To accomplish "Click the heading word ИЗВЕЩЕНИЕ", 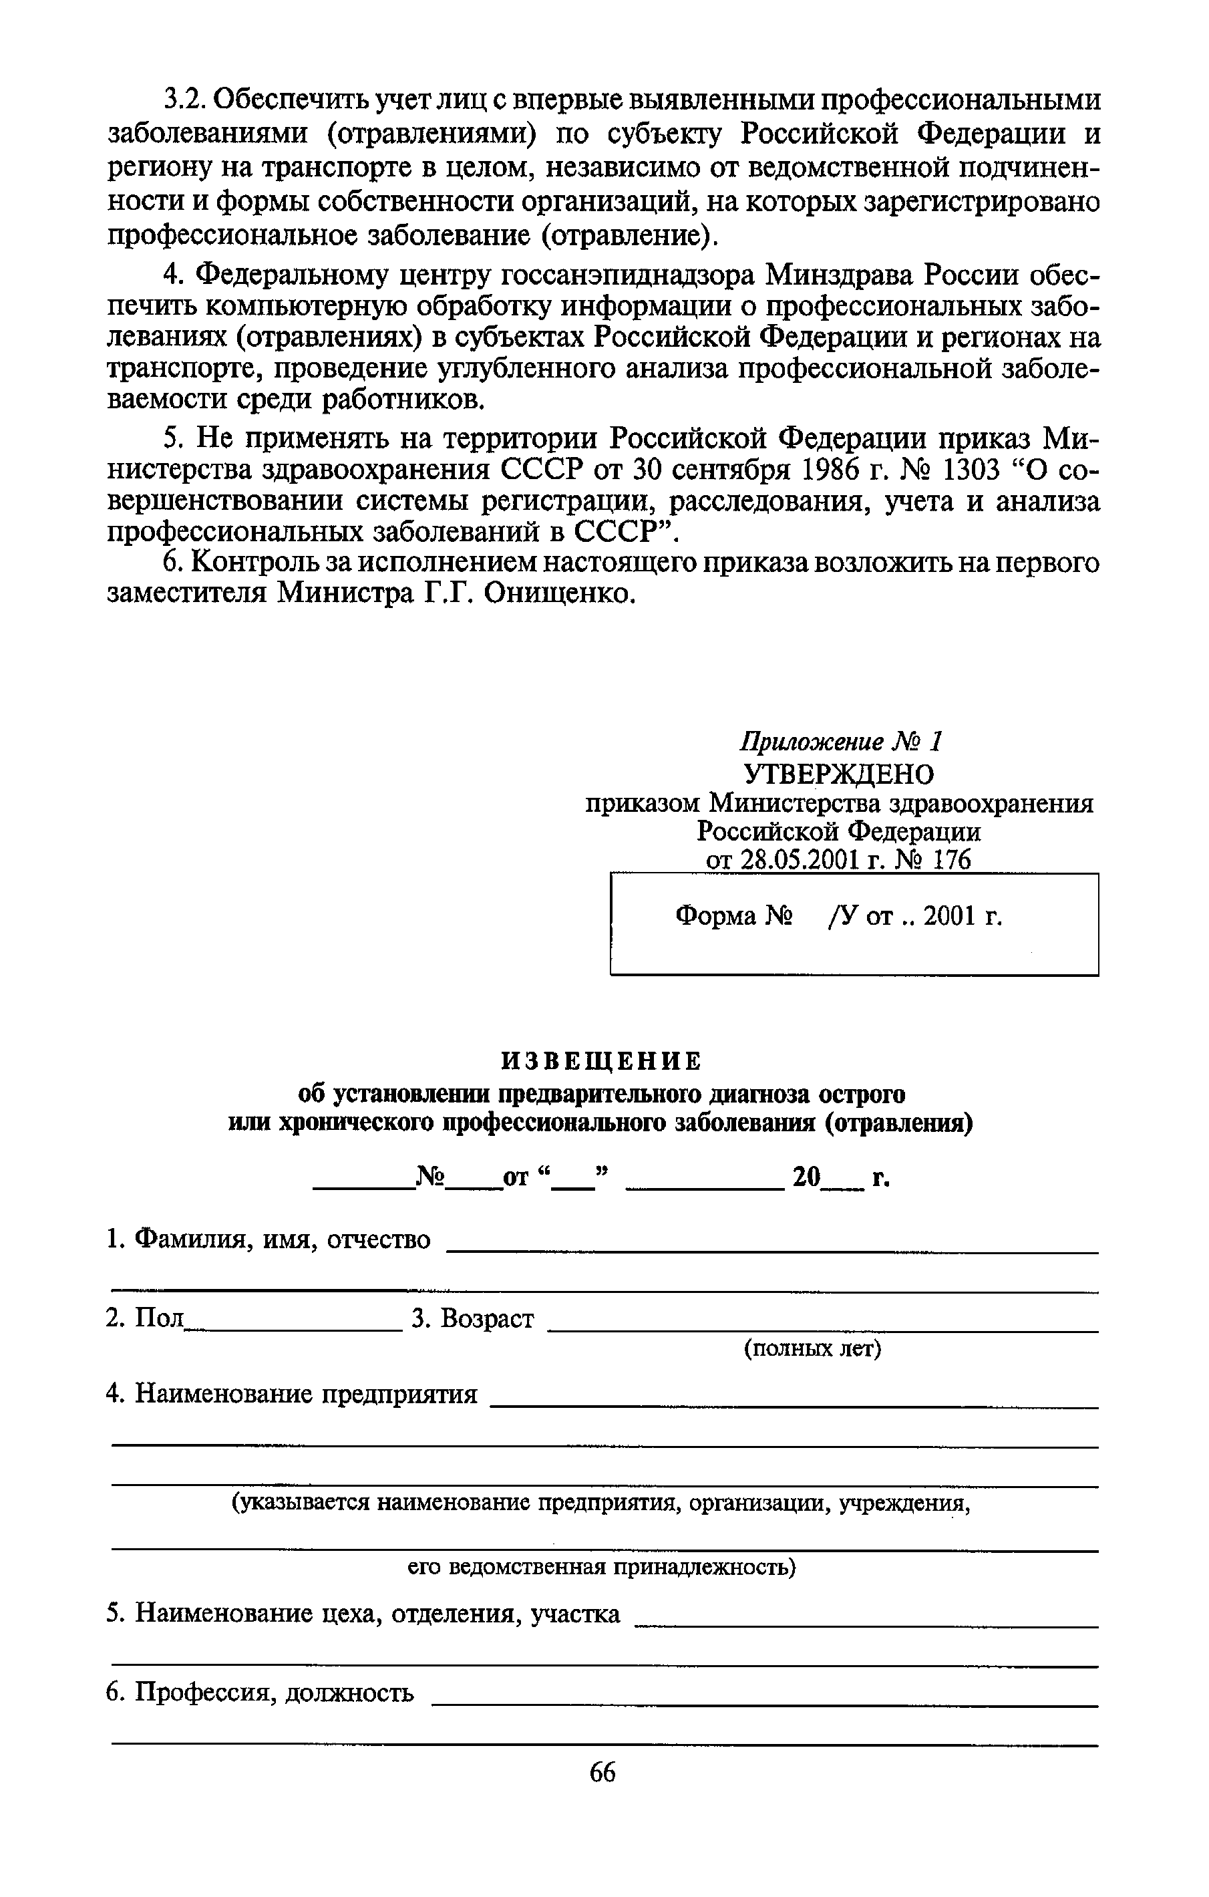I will pyautogui.click(x=602, y=1061).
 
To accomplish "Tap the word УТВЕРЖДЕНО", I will pyautogui.click(x=840, y=774).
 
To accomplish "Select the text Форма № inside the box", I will pyautogui.click(x=733, y=916).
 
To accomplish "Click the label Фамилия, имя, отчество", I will pyautogui.click(x=283, y=1239).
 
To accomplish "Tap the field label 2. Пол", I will pyautogui.click(x=145, y=1317).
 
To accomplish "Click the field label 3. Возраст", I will pyautogui.click(x=472, y=1317).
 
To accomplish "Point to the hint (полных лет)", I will pyautogui.click(x=813, y=1348).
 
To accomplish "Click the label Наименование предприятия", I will pyautogui.click(x=307, y=1394).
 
